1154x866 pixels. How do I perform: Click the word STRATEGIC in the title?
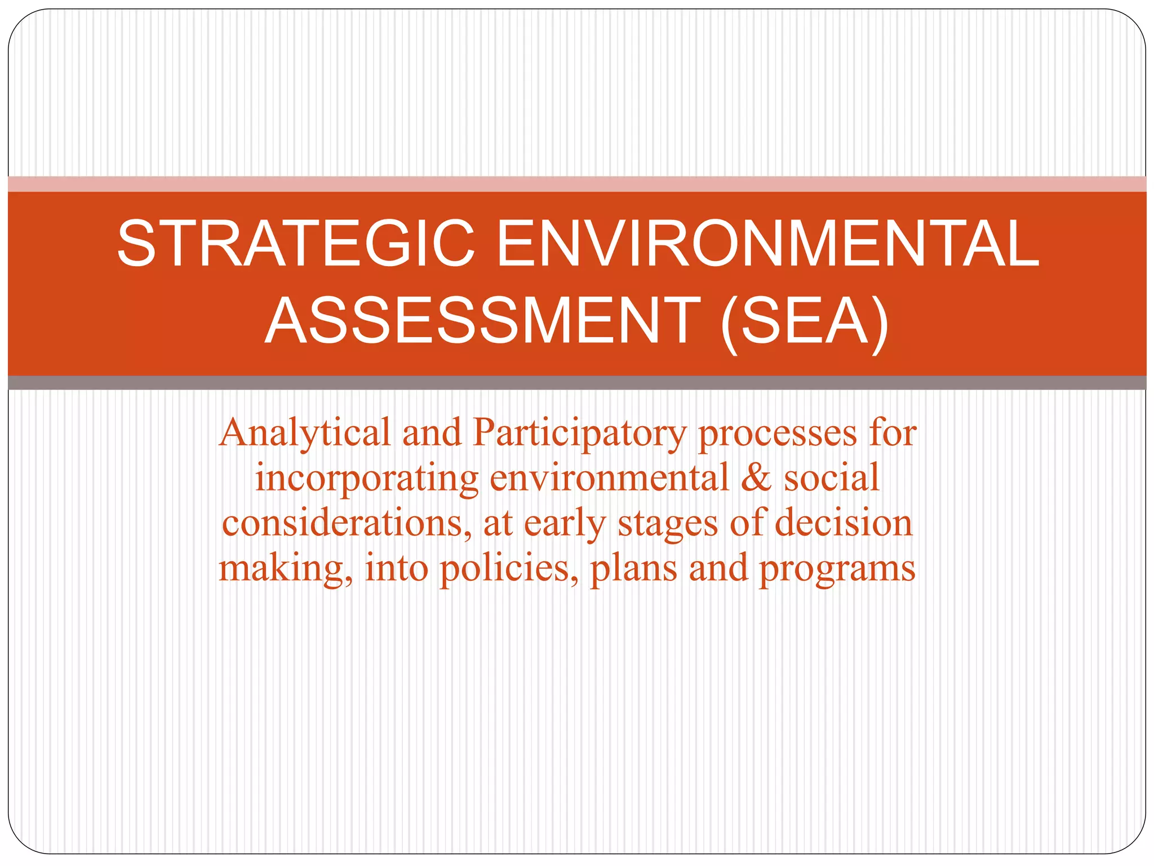(296, 244)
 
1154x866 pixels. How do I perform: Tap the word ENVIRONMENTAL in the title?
(767, 244)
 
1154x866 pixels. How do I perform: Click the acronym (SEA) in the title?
(804, 322)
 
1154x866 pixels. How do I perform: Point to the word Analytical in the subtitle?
(305, 434)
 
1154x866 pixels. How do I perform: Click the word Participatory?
(580, 434)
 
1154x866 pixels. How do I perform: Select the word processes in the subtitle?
(777, 434)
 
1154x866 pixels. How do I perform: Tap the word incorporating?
(367, 478)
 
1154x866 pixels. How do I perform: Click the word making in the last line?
(285, 568)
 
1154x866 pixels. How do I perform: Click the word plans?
(633, 568)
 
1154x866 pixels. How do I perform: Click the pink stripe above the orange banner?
(577, 184)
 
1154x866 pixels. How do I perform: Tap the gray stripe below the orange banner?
(577, 383)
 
